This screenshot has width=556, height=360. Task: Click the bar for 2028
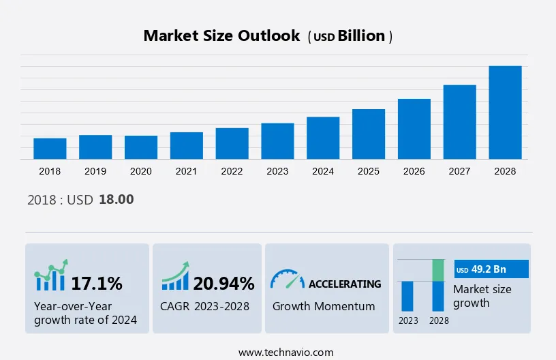tap(505, 112)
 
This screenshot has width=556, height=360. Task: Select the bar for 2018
tap(50, 149)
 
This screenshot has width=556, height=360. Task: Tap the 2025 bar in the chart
tap(369, 134)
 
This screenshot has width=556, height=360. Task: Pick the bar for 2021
tap(187, 145)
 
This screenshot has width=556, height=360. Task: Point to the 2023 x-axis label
tap(277, 171)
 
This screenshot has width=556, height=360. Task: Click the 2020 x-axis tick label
tap(141, 171)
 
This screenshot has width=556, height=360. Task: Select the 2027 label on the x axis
tap(459, 171)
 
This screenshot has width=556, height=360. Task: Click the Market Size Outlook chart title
tap(221, 36)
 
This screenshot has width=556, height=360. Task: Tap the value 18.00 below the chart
tap(117, 200)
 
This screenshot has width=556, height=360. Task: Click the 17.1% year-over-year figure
tap(97, 283)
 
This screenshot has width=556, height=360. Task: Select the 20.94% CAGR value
tap(223, 283)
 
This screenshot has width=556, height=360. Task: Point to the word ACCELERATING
tap(345, 284)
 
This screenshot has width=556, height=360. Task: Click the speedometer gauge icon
tap(287, 278)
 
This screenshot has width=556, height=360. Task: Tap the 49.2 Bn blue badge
tap(491, 269)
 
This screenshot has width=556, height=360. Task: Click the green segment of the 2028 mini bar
tap(438, 270)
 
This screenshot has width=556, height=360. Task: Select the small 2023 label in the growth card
tap(408, 320)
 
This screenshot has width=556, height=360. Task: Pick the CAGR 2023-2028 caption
tap(204, 306)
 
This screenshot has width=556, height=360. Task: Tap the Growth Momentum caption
tap(324, 306)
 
